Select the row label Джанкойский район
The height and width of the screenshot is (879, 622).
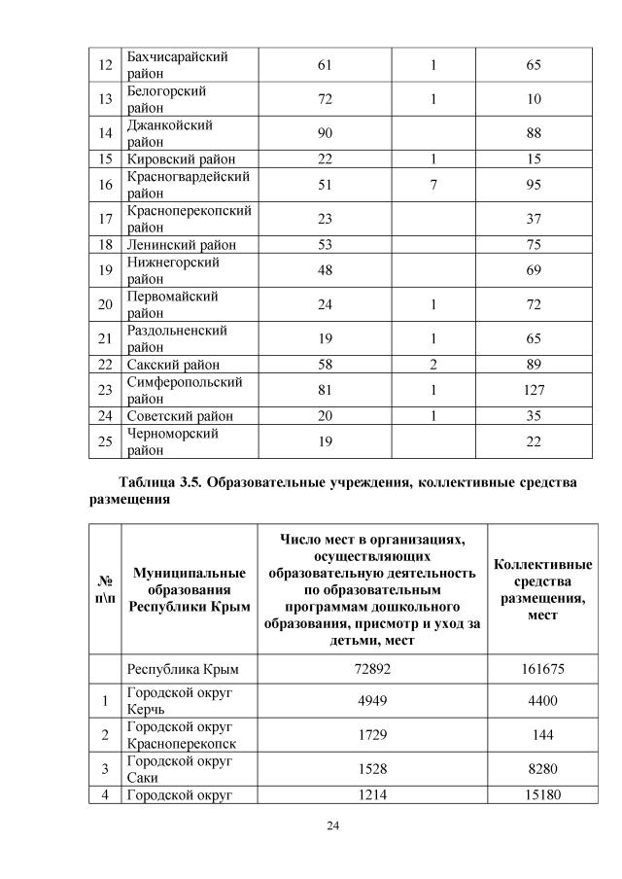point(170,133)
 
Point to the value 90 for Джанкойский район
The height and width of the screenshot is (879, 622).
point(324,133)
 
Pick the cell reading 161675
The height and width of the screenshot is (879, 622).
point(541,670)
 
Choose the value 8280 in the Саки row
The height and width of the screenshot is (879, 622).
point(541,768)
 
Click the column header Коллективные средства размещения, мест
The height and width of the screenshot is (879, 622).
point(541,589)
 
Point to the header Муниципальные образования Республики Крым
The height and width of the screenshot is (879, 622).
point(189,589)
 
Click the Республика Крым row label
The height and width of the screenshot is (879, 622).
point(183,670)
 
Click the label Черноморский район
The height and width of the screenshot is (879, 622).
point(172,441)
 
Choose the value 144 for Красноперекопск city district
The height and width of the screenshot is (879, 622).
point(541,734)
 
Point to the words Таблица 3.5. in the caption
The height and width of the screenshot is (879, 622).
point(160,483)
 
